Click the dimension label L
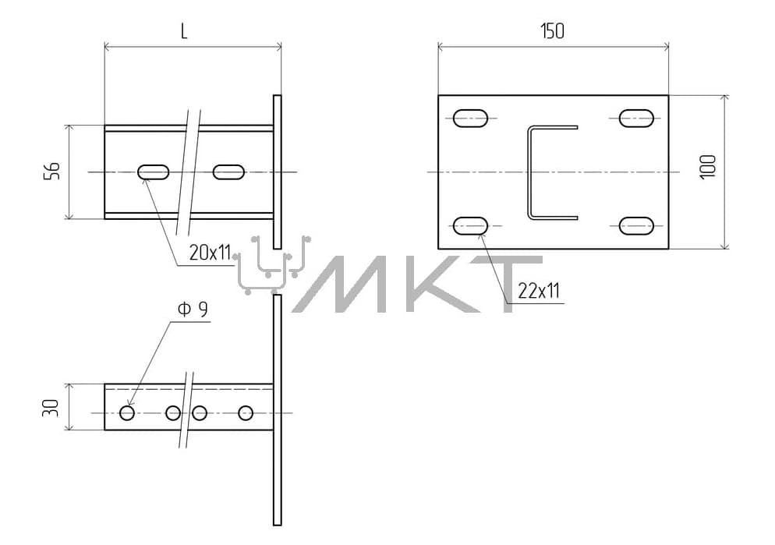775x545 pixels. pos(184,32)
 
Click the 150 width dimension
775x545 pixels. pos(552,31)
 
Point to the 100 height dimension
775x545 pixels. pos(708,167)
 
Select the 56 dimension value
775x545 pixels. pos(52,171)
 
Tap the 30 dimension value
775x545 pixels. pos(51,408)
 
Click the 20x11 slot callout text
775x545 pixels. pos(210,253)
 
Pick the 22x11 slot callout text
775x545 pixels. pos(539,291)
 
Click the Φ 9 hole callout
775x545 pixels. pos(193,310)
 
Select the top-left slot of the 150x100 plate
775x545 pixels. pos(471,119)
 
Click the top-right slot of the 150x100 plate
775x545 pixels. pos(636,119)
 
